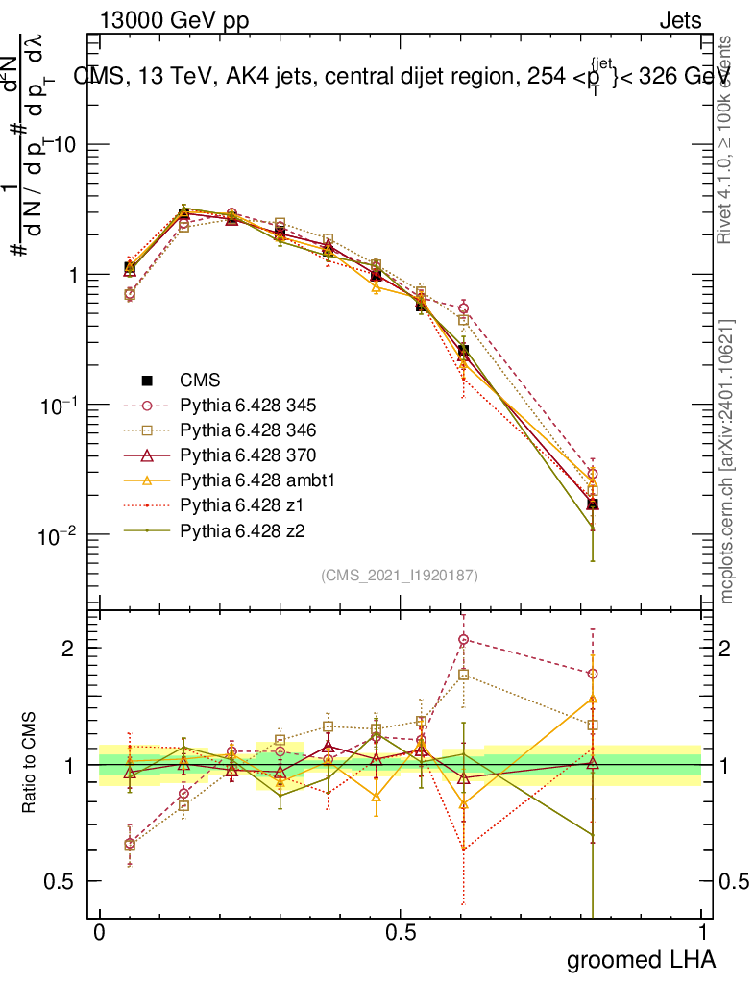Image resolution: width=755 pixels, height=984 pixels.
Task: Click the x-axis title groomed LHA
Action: pos(641,959)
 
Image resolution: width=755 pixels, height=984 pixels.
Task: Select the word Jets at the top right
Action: pos(680,20)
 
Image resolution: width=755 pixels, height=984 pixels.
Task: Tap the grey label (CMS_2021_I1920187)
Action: pos(400,575)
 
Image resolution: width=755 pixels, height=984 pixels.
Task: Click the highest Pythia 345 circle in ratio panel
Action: pos(463,639)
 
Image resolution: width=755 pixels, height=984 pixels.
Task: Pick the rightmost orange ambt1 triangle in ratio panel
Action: pos(593,699)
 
